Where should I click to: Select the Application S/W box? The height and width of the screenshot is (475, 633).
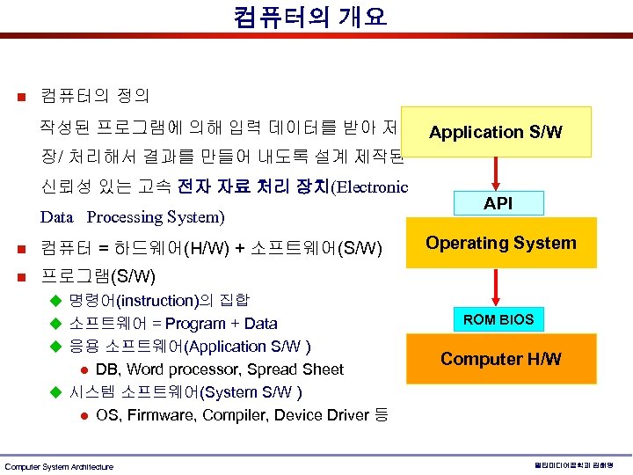pyautogui.click(x=495, y=132)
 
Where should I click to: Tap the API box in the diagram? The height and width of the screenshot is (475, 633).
pyautogui.click(x=498, y=203)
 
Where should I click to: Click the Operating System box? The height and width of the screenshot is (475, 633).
pyautogui.click(x=501, y=244)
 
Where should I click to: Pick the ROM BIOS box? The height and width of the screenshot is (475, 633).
pyautogui.click(x=498, y=319)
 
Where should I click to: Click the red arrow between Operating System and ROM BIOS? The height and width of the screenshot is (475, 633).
pyautogui.click(x=498, y=283)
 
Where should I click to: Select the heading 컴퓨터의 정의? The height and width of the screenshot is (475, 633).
pyautogui.click(x=94, y=94)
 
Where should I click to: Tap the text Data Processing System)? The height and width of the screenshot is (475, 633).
pyautogui.click(x=132, y=216)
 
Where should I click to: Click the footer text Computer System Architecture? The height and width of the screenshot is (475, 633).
pyautogui.click(x=59, y=466)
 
